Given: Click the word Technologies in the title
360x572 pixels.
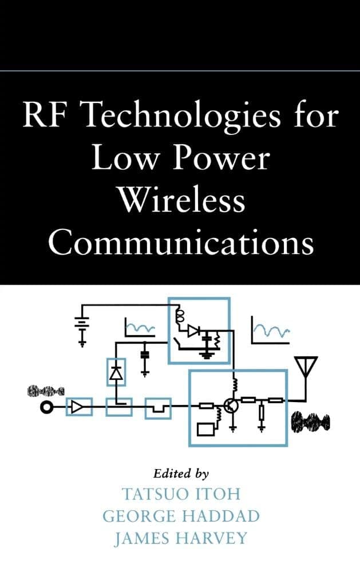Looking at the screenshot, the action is point(183,116).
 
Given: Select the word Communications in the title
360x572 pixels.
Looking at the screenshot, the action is point(181,242).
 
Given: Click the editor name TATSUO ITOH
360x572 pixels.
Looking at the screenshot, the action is point(181,494).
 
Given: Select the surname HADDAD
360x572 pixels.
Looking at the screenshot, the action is point(221,516).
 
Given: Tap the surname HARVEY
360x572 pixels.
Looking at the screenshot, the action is point(212,538).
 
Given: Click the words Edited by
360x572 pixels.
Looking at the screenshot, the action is point(181,473).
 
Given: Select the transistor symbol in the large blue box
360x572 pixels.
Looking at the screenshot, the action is point(231,406).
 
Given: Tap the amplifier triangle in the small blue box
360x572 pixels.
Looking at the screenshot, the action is point(77,407).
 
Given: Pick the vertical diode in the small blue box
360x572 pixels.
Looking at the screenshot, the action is point(116,373).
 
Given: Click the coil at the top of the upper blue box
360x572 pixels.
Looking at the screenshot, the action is point(179,316).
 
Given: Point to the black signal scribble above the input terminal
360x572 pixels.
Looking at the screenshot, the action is point(46,391).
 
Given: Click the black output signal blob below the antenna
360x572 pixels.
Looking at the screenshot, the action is point(310,423).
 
